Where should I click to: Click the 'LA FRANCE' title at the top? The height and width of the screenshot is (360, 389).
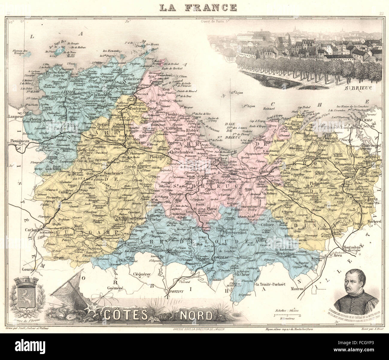(197, 7)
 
